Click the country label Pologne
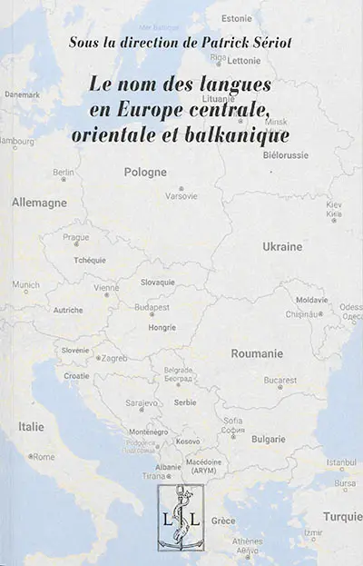146,172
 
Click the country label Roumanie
257,353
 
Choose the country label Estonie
260,18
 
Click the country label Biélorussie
285,154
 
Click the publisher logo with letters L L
185,517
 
